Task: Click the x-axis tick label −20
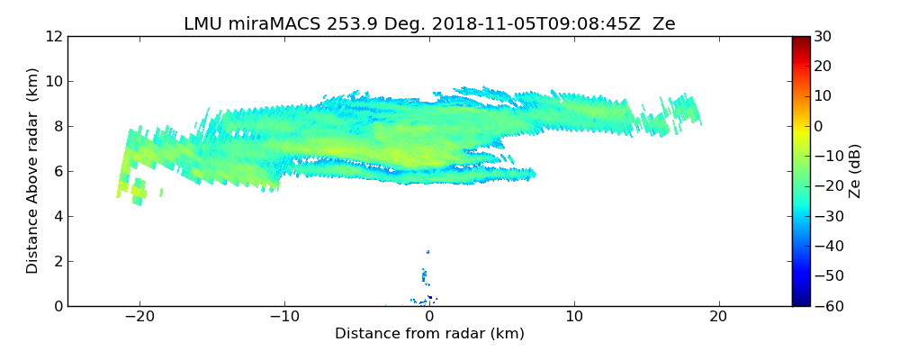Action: [x=139, y=317]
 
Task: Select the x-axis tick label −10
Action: [x=283, y=317]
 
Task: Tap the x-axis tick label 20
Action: [x=718, y=317]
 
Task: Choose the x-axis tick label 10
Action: [x=573, y=317]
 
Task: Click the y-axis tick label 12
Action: [x=53, y=36]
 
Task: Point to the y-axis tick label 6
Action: [x=57, y=171]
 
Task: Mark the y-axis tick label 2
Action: [x=57, y=261]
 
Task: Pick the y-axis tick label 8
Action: [x=57, y=126]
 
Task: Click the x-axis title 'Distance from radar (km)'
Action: [x=429, y=334]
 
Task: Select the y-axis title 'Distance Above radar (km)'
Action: [x=33, y=171]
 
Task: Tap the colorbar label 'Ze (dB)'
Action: [x=855, y=171]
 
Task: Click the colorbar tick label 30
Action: [x=820, y=36]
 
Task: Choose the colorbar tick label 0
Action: [x=816, y=126]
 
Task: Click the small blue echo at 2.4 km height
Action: [x=427, y=252]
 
